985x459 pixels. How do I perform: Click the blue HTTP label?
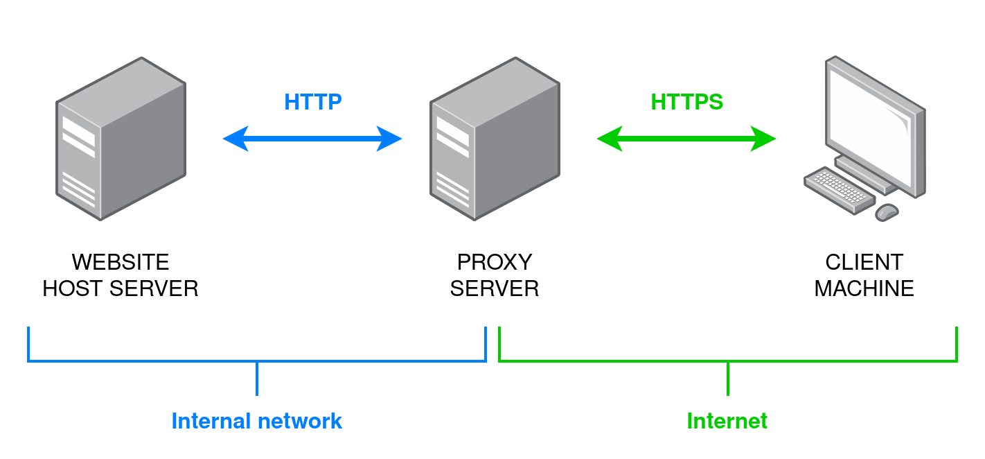312,102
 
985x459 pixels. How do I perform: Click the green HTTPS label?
687,102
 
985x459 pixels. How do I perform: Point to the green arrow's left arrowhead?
610,139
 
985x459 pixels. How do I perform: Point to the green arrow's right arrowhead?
763,139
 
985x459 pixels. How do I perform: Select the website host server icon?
121,139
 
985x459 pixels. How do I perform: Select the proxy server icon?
495,139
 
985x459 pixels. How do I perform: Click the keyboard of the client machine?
839,190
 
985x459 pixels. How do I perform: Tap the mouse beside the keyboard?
887,212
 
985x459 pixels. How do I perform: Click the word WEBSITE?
121,262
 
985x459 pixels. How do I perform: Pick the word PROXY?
495,262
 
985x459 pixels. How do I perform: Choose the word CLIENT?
864,262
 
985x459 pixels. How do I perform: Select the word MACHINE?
864,288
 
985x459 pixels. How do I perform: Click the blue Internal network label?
257,421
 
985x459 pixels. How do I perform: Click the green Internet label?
727,421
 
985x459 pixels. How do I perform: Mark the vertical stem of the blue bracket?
257,379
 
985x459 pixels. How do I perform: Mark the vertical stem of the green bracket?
728,379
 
